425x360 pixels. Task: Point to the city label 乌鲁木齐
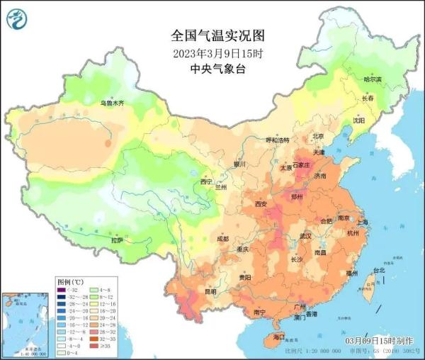point(112,103)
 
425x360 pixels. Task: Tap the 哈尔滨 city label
point(372,79)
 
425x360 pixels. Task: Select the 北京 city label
point(318,136)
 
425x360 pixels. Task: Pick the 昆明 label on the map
point(210,291)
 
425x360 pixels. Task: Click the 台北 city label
point(379,270)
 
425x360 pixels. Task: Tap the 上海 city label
point(363,222)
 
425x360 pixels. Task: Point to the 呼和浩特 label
point(278,140)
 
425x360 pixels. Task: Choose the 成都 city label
point(223,239)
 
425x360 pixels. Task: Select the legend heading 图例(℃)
point(69,281)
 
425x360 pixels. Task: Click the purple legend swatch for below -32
point(62,291)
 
